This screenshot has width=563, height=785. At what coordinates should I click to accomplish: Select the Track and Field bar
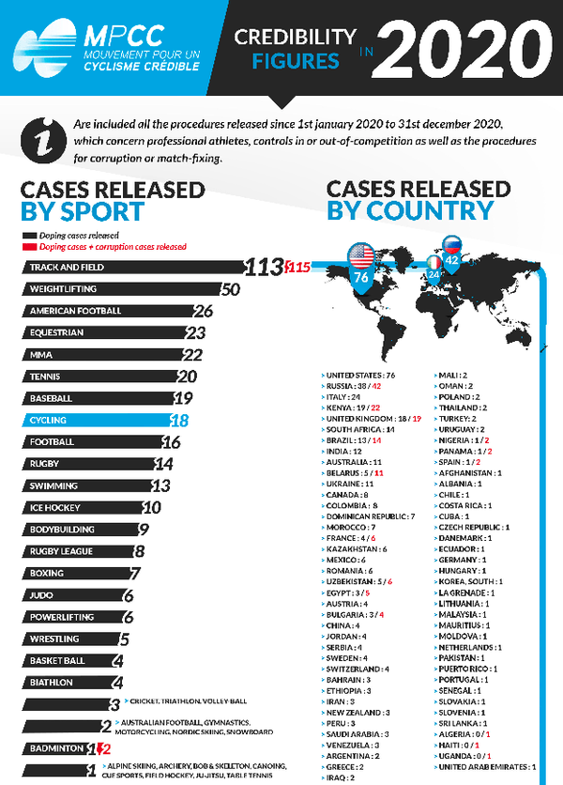(x=131, y=268)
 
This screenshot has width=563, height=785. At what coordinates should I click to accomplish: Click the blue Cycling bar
(x=94, y=420)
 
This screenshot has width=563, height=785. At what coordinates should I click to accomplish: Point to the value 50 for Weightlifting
(x=231, y=289)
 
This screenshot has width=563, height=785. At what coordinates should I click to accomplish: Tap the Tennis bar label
(x=46, y=376)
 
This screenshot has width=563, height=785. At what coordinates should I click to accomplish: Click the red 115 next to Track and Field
(x=297, y=268)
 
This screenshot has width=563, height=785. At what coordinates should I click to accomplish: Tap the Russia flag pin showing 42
(x=452, y=256)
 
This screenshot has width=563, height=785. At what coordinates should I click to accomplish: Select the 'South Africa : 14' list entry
(x=361, y=429)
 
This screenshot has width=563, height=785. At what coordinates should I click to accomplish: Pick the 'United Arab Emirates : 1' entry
(x=487, y=767)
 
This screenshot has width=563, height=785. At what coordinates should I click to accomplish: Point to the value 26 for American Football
(x=203, y=311)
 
